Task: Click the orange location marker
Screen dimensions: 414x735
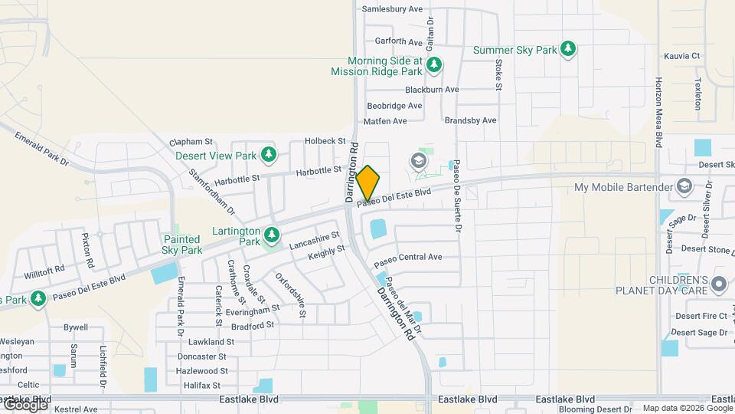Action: [368, 182]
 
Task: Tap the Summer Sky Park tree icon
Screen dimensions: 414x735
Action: [568, 50]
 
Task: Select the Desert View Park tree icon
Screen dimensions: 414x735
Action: [268, 155]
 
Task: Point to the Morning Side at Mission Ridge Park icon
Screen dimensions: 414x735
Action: [434, 65]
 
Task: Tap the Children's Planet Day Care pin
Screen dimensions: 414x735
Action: [718, 284]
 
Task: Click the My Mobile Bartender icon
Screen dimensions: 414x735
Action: [684, 187]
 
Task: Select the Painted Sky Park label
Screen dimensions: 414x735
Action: [182, 245]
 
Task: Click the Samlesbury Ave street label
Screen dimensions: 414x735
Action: [392, 9]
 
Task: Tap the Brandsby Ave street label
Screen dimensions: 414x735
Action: [471, 120]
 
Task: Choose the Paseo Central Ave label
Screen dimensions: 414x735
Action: [408, 257]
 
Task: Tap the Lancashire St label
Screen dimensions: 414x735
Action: [315, 242]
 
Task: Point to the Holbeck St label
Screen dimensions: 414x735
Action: [325, 141]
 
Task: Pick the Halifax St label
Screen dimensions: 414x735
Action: [202, 385]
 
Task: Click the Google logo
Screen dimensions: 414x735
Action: [24, 405]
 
